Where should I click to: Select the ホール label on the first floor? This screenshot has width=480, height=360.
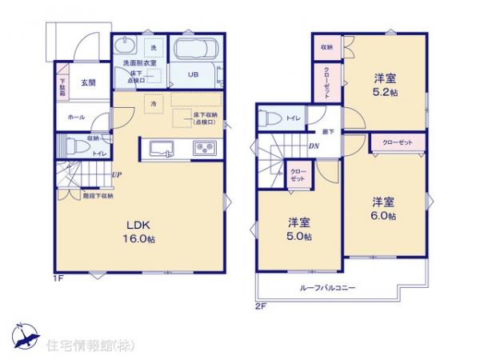tap(76, 118)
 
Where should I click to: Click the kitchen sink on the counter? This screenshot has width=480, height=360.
tap(160, 148)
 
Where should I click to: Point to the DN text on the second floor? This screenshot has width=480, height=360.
tap(314, 146)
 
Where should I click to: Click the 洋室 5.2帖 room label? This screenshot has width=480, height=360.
tap(385, 85)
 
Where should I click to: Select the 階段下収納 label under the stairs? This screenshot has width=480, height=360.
tap(98, 195)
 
